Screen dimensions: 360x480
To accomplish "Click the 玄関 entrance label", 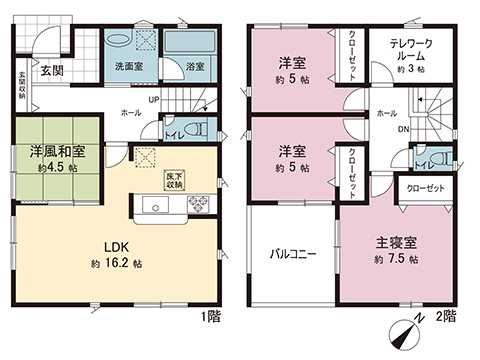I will (x=53, y=70).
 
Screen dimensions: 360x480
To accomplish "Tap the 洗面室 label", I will (x=129, y=67).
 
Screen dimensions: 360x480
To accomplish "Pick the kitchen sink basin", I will (x=156, y=205).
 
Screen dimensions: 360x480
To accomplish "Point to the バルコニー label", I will (x=293, y=254).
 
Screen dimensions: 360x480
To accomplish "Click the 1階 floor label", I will (x=212, y=315).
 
